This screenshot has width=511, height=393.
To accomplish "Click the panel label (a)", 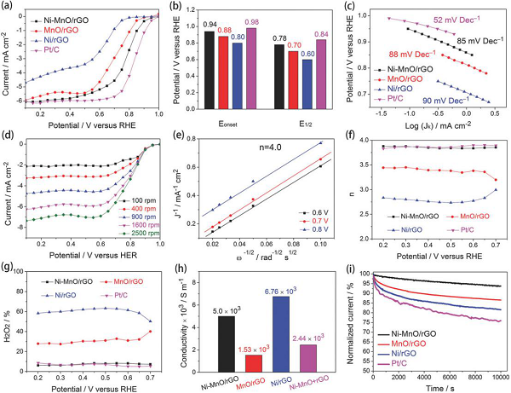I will tap(12, 8).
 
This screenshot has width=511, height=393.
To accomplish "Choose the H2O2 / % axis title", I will tap(9, 317).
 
